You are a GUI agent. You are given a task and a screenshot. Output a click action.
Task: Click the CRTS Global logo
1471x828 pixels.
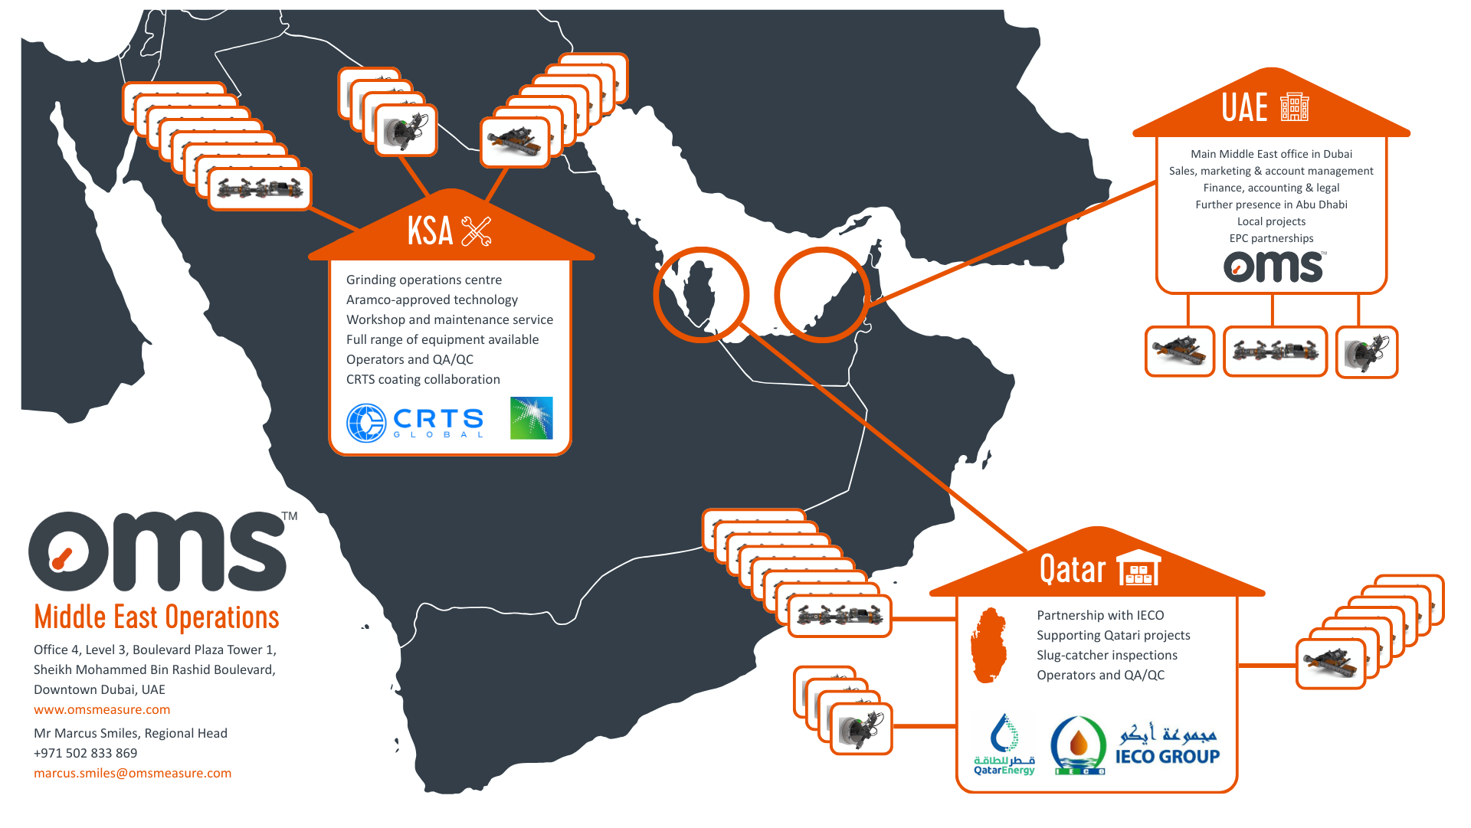[x=415, y=422]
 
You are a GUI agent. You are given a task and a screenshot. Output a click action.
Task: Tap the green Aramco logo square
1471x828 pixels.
[x=531, y=418]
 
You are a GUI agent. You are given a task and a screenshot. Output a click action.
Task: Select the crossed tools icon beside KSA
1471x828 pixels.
[x=476, y=231]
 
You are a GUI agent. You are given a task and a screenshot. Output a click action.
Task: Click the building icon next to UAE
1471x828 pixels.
[x=1294, y=107]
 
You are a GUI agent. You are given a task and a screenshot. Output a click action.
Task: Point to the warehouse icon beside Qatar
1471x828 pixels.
[x=1138, y=569]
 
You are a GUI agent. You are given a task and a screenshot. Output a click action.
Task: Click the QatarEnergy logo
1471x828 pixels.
[x=1004, y=745]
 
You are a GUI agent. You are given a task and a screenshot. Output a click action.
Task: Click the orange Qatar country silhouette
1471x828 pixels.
[x=988, y=645]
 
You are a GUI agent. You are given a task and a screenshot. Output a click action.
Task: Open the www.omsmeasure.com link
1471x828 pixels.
[x=102, y=710]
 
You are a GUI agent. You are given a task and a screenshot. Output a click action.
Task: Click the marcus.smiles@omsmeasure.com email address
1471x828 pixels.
[x=133, y=774]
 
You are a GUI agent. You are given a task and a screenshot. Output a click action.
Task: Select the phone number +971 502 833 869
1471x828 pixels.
[x=85, y=754]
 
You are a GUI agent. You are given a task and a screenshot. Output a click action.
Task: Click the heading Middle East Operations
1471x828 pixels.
[x=156, y=617]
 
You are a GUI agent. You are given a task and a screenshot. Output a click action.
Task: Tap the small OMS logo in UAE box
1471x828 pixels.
[x=1273, y=267]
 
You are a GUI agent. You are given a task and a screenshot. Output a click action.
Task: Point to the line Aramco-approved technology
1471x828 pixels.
[x=431, y=300]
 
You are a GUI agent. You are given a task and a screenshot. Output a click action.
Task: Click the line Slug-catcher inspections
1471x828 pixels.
[x=1106, y=656]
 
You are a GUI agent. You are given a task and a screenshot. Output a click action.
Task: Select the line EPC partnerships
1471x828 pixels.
[x=1271, y=239]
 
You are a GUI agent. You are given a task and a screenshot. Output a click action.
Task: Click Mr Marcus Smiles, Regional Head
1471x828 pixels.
[x=130, y=734]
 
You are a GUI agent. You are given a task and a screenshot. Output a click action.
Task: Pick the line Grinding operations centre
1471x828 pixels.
[x=424, y=280]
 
